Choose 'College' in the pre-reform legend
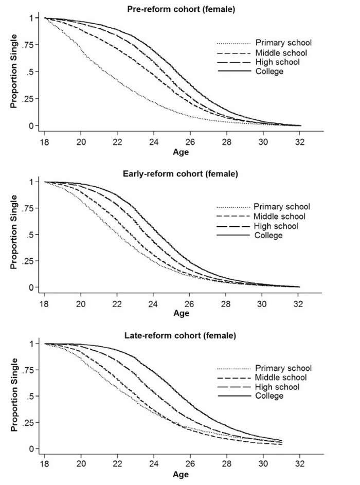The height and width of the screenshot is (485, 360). pyautogui.click(x=269, y=71)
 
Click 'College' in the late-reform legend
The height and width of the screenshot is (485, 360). pyautogui.click(x=268, y=396)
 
